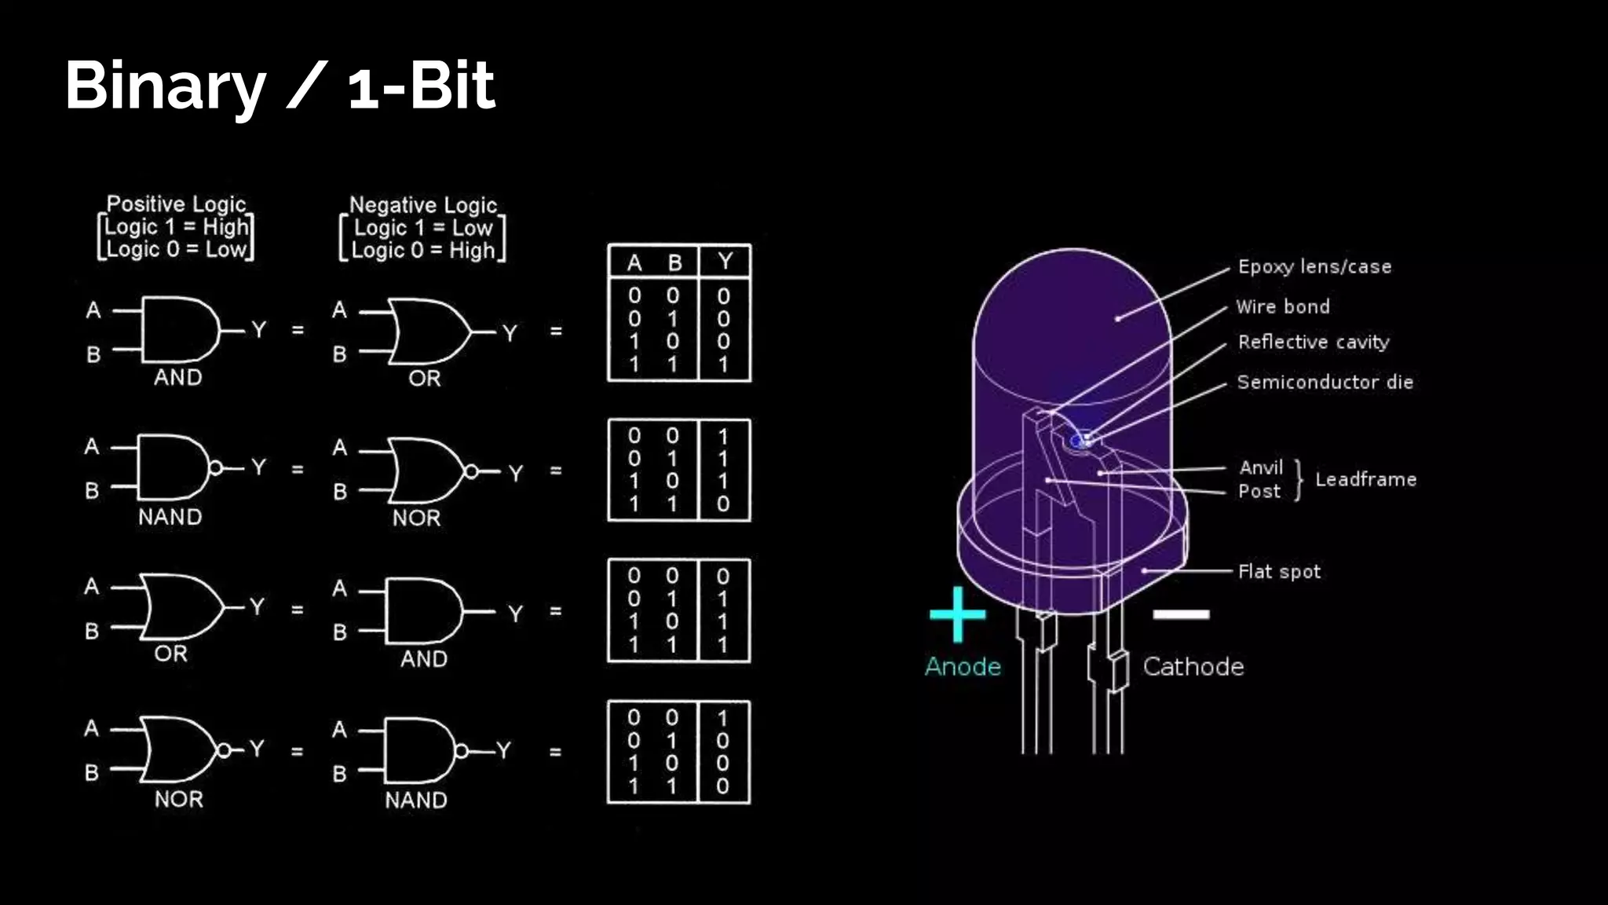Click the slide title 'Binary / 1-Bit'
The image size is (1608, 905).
(x=280, y=85)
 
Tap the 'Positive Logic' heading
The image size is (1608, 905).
(x=176, y=204)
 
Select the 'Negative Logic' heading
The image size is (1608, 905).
(x=423, y=205)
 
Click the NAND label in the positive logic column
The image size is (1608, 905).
(x=170, y=517)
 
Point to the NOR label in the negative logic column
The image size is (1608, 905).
(x=417, y=518)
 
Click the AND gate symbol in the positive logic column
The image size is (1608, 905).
(x=181, y=330)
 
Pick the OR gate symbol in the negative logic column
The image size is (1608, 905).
(x=429, y=332)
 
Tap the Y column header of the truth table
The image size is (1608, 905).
(x=725, y=262)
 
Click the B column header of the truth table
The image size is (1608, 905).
(x=674, y=262)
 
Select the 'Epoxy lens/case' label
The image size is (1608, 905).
(x=1314, y=267)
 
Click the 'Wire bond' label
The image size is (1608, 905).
(x=1283, y=306)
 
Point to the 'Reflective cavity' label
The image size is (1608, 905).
(x=1314, y=343)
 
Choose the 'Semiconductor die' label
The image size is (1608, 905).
(x=1325, y=383)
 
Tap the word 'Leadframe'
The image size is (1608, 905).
(x=1366, y=479)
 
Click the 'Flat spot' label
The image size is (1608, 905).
(x=1279, y=572)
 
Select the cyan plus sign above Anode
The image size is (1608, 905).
(x=957, y=614)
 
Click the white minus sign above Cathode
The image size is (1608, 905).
(x=1181, y=614)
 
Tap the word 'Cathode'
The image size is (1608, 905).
(x=1193, y=667)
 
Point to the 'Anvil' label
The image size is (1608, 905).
(x=1261, y=468)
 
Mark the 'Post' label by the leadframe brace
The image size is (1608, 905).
(x=1259, y=492)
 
